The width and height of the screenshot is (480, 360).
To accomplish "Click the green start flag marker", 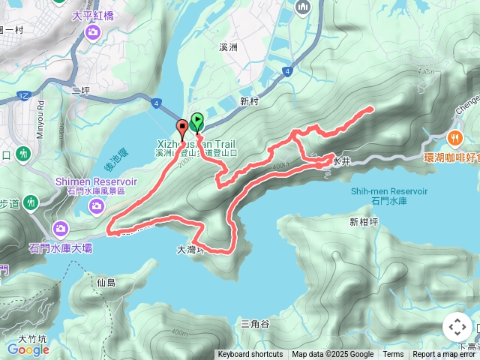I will point(196,121).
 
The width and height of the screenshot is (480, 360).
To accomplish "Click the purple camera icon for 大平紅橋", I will point(92,31).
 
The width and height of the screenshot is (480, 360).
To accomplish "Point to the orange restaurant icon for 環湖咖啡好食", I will point(454,138).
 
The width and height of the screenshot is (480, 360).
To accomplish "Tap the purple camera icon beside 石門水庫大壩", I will point(61,228).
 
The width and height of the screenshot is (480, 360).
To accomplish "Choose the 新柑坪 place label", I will point(364,221).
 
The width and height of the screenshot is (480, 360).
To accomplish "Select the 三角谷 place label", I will point(254,323).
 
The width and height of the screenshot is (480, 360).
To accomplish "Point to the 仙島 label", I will point(106,283).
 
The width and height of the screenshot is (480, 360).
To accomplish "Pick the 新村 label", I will point(250,101).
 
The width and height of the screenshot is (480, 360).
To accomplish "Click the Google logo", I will point(28,349).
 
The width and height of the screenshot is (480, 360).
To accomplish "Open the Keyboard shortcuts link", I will point(250,355).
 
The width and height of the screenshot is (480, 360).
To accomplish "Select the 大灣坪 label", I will point(190,252).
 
